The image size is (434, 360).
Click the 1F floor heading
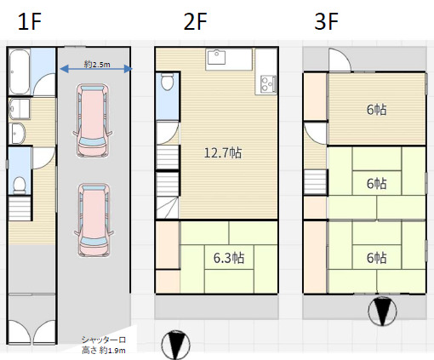(x=30, y=21)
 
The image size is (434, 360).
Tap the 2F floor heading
(x=195, y=21)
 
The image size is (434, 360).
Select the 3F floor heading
(x=326, y=21)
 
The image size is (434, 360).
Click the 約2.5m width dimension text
(x=97, y=65)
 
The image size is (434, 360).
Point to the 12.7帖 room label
(x=223, y=153)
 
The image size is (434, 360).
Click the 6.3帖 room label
(x=229, y=258)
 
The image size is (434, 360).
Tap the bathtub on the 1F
(x=20, y=71)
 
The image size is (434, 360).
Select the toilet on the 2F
(x=167, y=82)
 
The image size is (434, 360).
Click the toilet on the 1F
(x=20, y=186)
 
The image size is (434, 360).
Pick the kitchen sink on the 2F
(x=217, y=57)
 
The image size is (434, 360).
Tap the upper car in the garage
(x=93, y=120)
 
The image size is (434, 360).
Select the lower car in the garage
(x=94, y=220)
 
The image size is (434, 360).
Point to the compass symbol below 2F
(x=175, y=345)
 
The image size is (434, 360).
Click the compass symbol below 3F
(x=382, y=311)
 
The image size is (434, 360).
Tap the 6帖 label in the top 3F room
(x=376, y=110)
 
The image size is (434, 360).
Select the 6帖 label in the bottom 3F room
(x=376, y=258)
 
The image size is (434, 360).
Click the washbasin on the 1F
(x=17, y=134)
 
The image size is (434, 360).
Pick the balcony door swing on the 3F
(x=340, y=60)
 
